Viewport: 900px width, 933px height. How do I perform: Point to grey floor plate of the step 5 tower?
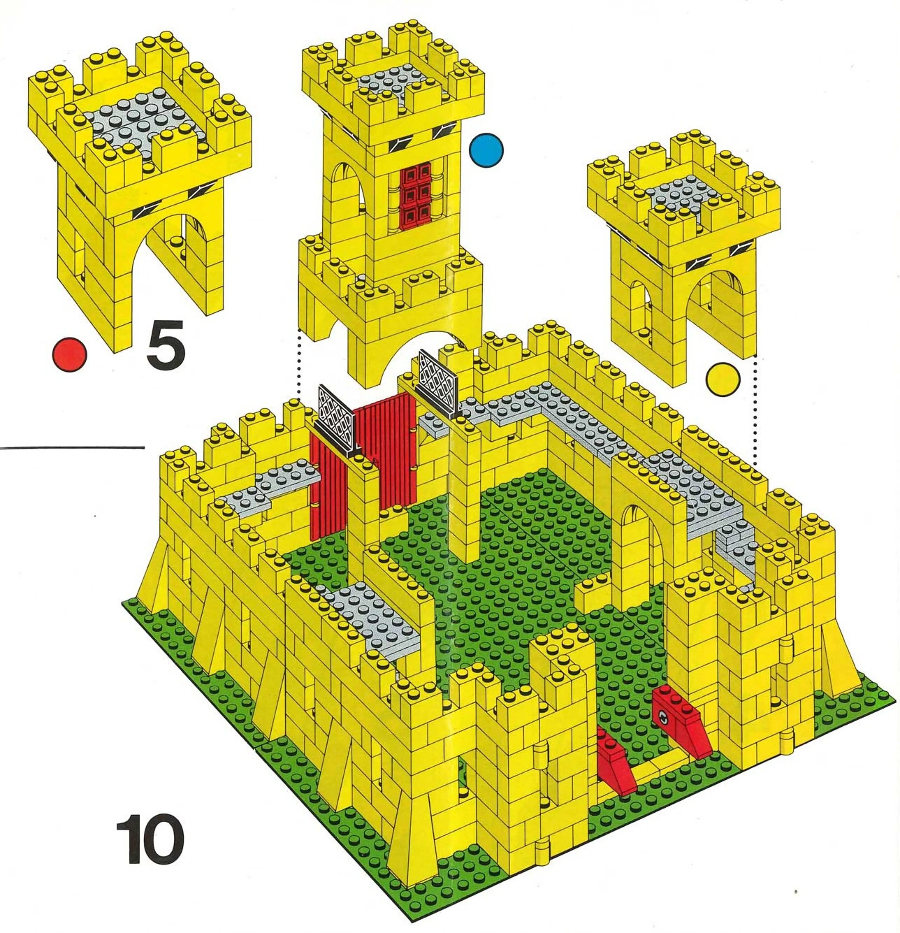tap(143, 119)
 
